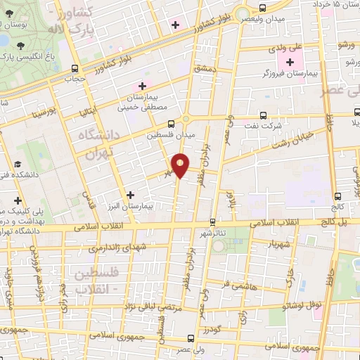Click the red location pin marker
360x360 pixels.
coord(181,165)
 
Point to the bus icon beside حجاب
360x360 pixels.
coord(75,68)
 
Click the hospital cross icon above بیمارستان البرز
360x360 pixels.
coord(129,193)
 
